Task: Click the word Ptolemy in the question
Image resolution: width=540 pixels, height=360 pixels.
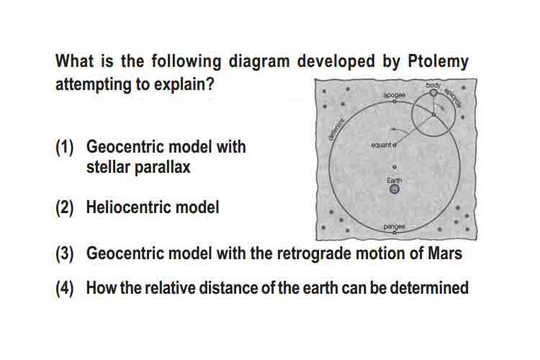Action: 438,62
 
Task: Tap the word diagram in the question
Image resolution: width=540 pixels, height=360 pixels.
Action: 259,62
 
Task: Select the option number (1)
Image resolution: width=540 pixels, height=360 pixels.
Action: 65,148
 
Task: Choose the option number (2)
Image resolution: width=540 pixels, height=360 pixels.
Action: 65,208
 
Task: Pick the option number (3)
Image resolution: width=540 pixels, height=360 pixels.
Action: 65,254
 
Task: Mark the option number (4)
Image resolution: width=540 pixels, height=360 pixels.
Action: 65,288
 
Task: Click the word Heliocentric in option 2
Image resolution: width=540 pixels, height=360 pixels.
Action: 128,207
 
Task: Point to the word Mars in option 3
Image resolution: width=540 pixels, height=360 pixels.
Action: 445,253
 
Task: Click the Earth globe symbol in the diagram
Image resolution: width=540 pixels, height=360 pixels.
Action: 395,189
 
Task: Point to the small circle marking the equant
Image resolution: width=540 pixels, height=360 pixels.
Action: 395,145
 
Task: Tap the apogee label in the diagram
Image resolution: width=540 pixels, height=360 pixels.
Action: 395,95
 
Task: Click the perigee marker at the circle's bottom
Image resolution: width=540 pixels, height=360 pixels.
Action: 395,233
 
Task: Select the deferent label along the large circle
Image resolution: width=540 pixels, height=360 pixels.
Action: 336,129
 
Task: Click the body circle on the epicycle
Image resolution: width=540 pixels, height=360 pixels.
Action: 433,93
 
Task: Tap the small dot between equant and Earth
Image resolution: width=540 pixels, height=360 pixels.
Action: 395,167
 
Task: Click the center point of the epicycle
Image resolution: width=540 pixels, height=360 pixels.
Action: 433,114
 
